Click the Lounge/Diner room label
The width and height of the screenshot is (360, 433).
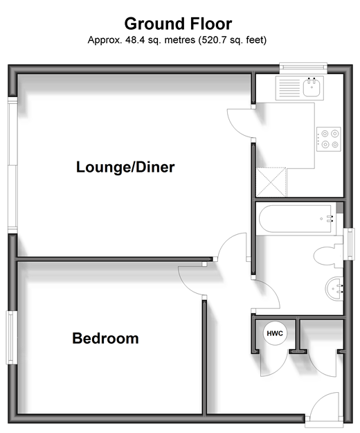pos(125,167)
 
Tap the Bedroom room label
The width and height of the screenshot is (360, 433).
pos(105,338)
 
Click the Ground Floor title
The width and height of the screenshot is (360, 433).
pos(178,24)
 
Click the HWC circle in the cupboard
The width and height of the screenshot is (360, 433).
pos(275,333)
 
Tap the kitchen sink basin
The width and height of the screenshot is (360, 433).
pos(312,87)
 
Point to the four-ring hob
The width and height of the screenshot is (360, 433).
pos(329,139)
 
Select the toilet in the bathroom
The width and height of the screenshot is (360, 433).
pos(328,256)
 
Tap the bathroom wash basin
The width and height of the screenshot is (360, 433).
pos(334,288)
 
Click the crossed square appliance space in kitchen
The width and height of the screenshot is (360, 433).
pos(271,182)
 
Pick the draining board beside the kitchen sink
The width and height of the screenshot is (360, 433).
pos(289,88)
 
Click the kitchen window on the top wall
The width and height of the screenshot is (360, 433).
pos(303,68)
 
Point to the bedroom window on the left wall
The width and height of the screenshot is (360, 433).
pos(11,337)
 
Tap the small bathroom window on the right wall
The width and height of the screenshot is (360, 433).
pos(350,244)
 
